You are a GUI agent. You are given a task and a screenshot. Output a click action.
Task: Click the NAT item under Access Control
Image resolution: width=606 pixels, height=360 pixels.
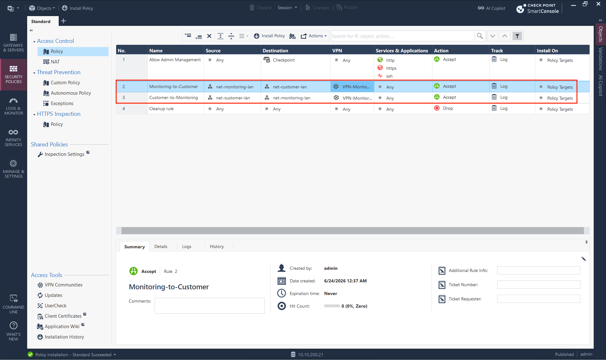tap(55, 62)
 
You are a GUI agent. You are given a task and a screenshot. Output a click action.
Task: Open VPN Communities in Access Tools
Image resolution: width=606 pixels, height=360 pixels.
tap(63, 285)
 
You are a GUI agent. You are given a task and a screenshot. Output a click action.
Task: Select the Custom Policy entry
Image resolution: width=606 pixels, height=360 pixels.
tap(65, 83)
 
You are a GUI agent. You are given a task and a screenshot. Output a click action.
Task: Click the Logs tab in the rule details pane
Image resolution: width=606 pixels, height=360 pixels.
tap(187, 246)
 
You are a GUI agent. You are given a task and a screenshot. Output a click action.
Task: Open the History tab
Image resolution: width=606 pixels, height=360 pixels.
tap(217, 246)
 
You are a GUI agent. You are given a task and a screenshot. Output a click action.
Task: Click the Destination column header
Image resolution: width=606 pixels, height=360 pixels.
tap(275, 50)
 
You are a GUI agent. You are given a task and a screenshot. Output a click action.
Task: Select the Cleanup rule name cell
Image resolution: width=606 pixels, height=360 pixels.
tap(161, 109)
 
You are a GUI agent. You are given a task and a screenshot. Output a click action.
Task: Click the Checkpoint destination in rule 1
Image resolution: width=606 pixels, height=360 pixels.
tap(284, 60)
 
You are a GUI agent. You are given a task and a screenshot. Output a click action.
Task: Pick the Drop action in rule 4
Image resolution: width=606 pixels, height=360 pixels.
tap(448, 108)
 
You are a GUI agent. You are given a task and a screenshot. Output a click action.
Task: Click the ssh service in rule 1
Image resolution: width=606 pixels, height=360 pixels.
tap(389, 76)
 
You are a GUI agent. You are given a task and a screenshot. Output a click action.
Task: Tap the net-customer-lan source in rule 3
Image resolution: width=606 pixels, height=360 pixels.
tap(233, 98)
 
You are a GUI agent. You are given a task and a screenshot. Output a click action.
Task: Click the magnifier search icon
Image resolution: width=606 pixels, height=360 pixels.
tap(480, 36)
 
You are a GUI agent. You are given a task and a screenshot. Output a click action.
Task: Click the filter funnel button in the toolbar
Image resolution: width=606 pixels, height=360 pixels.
tap(517, 36)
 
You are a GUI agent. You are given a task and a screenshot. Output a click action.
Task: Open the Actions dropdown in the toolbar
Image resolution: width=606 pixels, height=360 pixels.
tap(314, 36)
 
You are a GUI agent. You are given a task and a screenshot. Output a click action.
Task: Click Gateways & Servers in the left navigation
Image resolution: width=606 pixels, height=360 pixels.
tap(14, 43)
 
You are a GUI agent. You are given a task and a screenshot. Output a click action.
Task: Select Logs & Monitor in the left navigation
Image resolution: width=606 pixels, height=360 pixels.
tap(14, 106)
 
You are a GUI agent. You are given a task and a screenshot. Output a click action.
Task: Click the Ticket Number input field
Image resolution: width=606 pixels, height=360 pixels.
tap(538, 285)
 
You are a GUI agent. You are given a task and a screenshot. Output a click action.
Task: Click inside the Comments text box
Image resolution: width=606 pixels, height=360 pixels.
tap(210, 306)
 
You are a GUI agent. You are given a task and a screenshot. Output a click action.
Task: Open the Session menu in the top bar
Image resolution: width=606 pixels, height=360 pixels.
tap(287, 8)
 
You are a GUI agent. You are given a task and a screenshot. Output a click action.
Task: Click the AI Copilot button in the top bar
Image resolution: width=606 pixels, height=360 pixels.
tap(491, 8)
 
